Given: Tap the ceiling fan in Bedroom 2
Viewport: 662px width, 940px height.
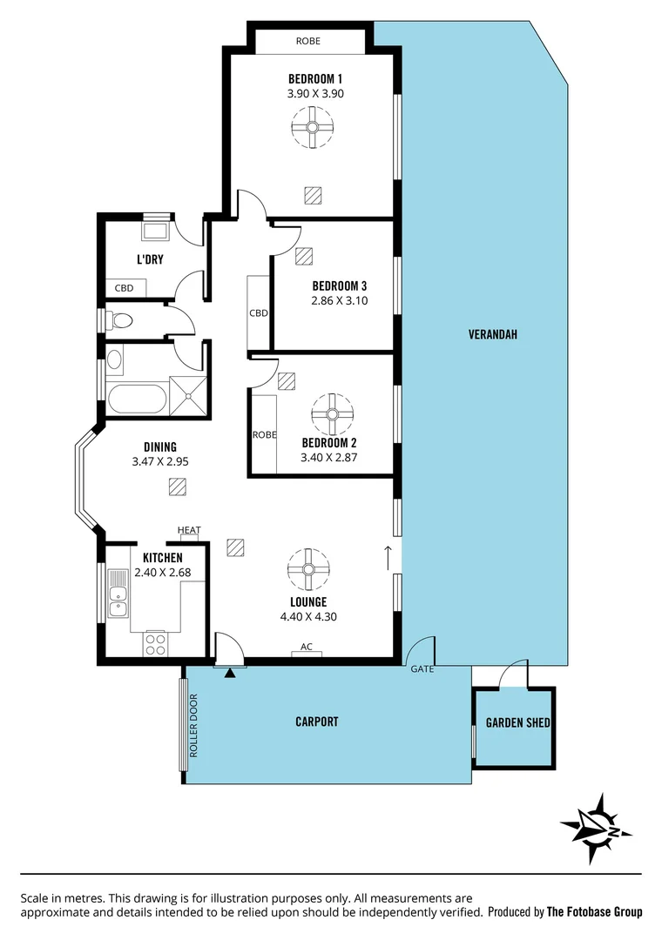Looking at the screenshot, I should (x=332, y=415).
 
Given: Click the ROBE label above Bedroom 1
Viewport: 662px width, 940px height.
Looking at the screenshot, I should (x=308, y=41).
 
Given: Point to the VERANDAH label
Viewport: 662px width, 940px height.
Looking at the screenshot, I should (x=493, y=333).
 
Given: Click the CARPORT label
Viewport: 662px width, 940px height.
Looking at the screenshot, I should (x=316, y=722).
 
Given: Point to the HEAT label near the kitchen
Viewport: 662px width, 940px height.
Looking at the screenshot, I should (x=189, y=530).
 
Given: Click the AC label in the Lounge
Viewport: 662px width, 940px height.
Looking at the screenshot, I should (x=306, y=648).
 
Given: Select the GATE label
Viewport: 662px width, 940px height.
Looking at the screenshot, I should (x=422, y=669).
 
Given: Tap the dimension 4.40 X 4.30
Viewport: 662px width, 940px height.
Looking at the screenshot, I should (x=308, y=617).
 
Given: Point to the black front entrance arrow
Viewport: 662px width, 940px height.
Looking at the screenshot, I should (x=230, y=672).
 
